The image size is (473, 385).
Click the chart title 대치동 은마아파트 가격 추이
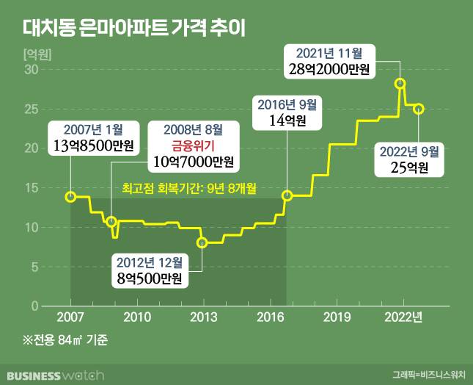[129, 29]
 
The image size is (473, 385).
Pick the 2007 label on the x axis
[70, 317]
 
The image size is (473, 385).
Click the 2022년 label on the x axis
[405, 317]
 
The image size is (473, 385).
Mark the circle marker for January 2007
[70, 196]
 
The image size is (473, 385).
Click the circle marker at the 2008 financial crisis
[111, 221]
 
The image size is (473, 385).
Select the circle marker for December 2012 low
[202, 242]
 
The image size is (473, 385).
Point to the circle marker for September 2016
[287, 195]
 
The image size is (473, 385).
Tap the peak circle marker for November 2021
[400, 84]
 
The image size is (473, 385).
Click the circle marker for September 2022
[419, 109]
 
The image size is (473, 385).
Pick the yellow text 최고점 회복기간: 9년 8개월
[188, 189]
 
